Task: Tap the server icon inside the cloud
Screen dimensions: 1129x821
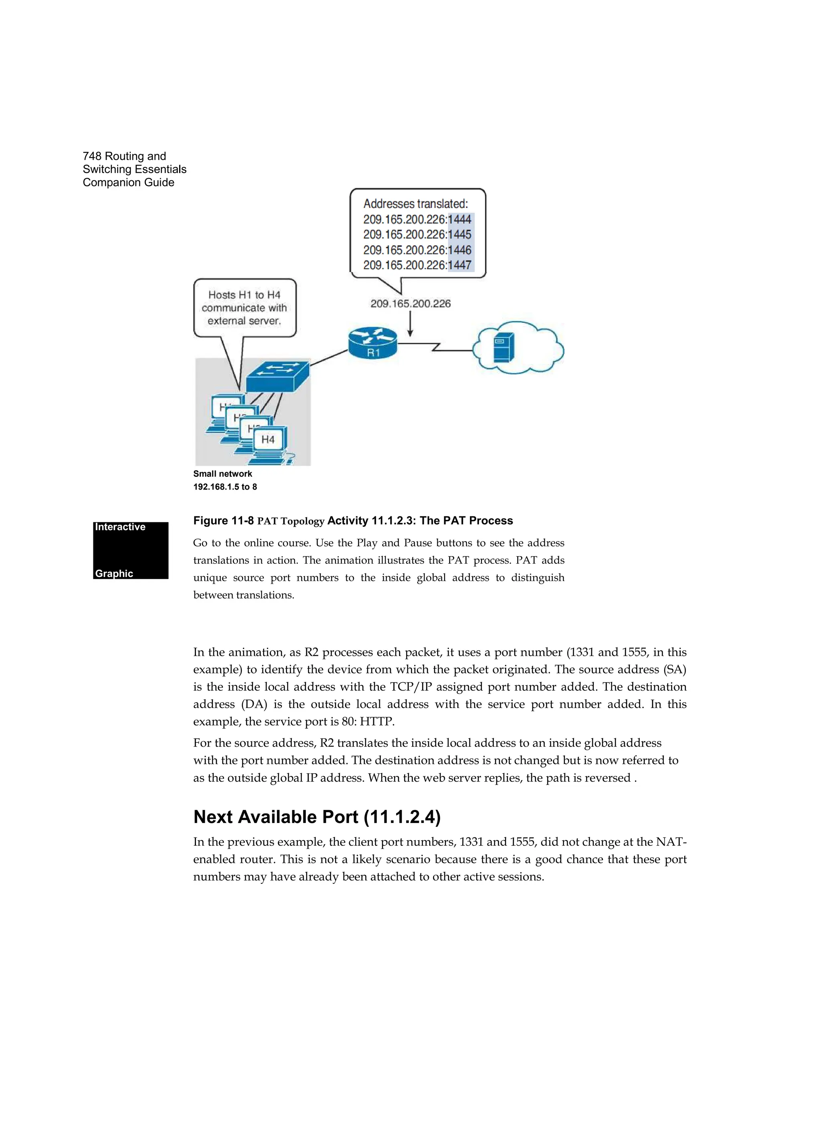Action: [x=503, y=347]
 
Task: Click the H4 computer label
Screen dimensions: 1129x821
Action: [x=268, y=440]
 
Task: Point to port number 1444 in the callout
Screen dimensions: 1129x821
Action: [x=460, y=219]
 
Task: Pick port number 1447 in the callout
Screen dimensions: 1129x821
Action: [x=460, y=265]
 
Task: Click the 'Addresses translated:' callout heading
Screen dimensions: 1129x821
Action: [x=415, y=204]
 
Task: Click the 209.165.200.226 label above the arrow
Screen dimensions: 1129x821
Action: [x=410, y=304]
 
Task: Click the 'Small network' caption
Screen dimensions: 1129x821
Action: [x=222, y=474]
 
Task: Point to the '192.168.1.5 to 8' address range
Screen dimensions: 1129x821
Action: [x=225, y=487]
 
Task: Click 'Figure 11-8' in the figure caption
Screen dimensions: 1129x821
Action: [x=223, y=521]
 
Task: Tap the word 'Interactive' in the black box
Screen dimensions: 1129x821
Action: [x=120, y=527]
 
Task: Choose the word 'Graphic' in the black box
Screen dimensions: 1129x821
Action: [x=114, y=573]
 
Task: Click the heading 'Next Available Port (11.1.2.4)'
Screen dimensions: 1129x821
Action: [x=317, y=817]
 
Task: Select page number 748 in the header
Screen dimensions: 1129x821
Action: [x=92, y=156]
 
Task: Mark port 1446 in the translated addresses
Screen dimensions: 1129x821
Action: [x=460, y=250]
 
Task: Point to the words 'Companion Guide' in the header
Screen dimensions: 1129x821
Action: [x=129, y=183]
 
